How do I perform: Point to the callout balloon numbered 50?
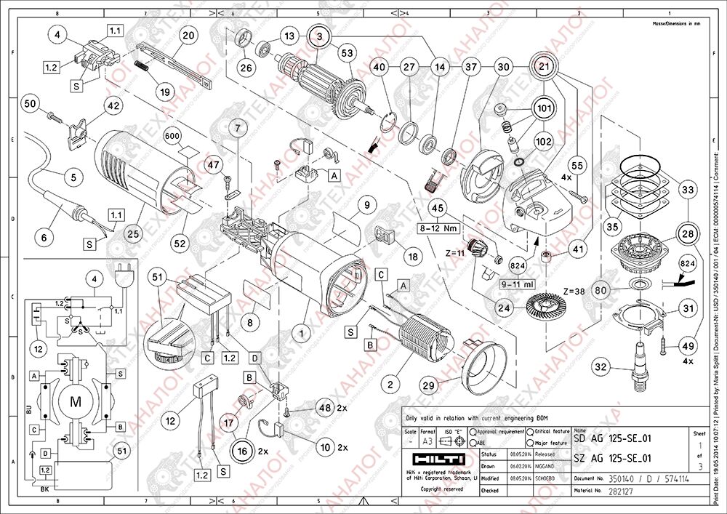pyautogui.click(x=31, y=104)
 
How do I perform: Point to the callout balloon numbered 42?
pyautogui.click(x=113, y=105)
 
